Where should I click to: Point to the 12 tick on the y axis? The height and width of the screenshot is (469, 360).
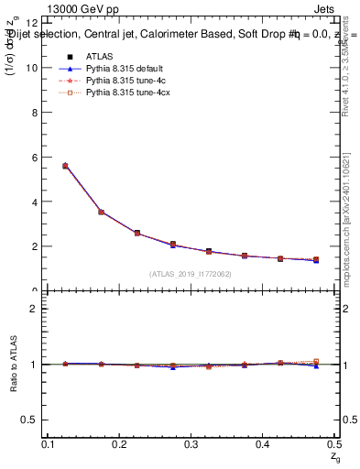click(x=36, y=23)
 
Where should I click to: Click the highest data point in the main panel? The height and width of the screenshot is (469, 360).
click(x=65, y=166)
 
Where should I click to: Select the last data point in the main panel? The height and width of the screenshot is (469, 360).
click(x=316, y=260)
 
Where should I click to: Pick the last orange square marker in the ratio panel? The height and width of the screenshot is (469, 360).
click(x=316, y=361)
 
